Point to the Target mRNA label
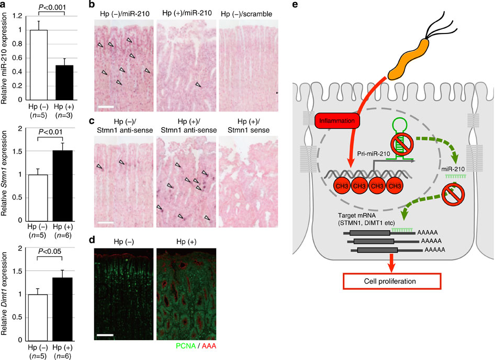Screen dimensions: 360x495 point(369,217)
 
